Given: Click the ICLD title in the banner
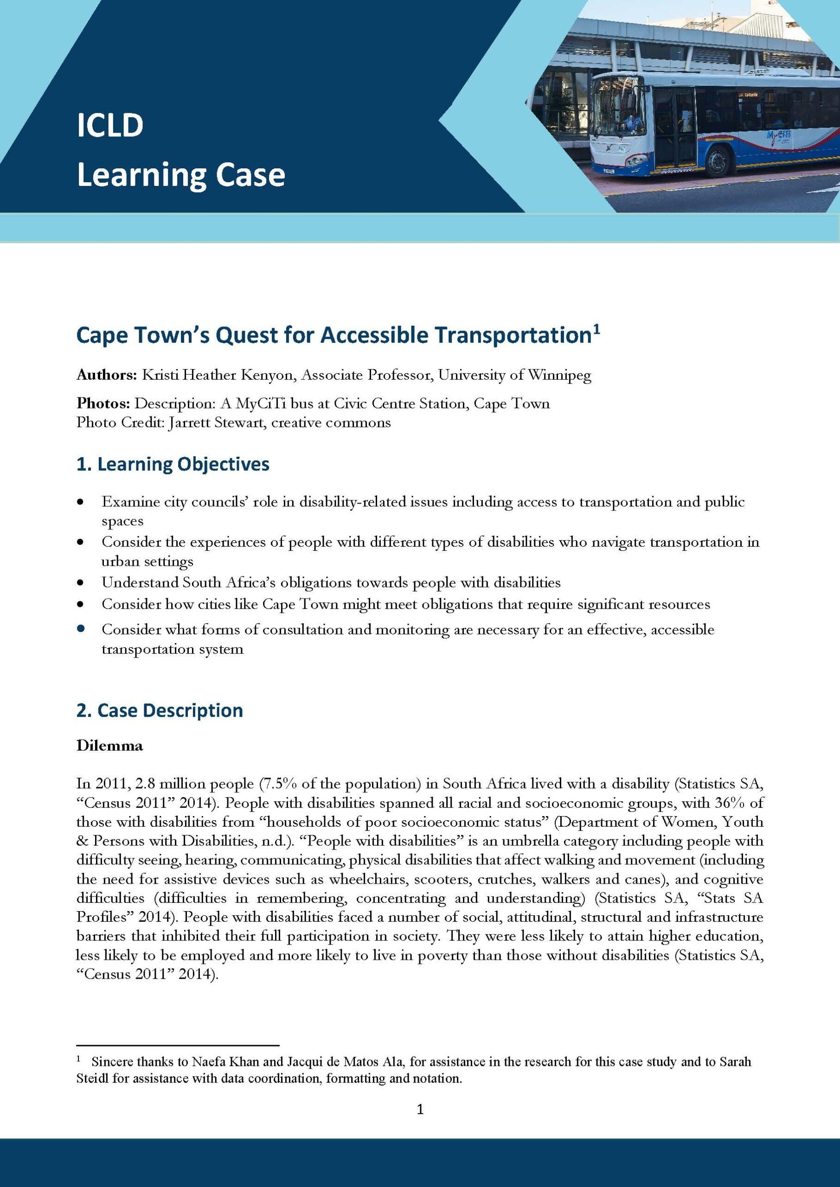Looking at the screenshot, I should [109, 126].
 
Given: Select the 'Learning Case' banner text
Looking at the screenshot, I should [180, 175].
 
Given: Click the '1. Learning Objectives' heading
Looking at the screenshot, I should [173, 464].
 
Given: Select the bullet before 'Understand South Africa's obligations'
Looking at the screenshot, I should [80, 583].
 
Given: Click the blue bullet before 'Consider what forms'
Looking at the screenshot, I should [80, 629].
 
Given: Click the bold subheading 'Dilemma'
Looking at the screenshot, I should [109, 746].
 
